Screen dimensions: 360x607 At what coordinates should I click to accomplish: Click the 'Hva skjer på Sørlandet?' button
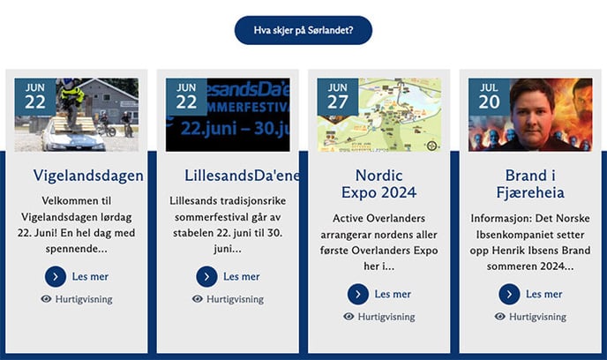point(303,30)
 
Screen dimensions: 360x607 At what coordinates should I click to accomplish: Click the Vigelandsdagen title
point(88,175)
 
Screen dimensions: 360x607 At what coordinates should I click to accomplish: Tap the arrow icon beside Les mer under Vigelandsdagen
point(55,277)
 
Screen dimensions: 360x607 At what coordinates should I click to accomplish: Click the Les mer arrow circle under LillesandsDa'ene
point(206,277)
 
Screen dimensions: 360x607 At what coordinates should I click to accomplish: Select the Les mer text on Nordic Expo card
point(393,294)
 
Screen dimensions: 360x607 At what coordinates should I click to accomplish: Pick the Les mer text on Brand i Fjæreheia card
point(544,294)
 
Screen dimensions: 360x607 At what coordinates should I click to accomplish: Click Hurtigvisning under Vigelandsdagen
point(84,299)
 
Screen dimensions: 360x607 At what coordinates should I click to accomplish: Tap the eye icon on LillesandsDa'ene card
point(198,299)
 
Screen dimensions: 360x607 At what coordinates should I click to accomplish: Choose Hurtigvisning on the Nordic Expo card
point(386,316)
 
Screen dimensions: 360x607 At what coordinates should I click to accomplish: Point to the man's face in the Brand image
point(531,110)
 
